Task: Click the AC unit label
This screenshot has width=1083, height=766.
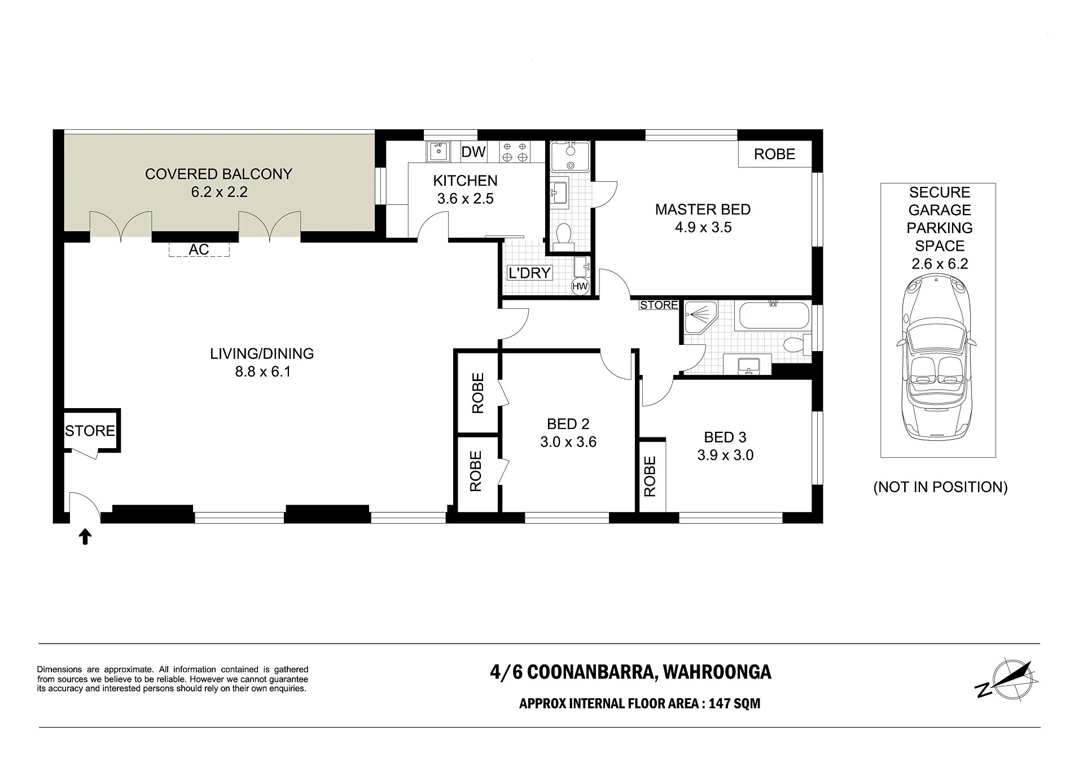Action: [199, 250]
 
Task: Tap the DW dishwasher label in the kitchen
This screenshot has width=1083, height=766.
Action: [473, 152]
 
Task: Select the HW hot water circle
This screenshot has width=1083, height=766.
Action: [580, 286]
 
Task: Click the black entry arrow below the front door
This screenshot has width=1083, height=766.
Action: [85, 536]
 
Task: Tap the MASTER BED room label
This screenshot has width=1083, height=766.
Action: [703, 209]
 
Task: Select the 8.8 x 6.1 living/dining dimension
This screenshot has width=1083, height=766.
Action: [262, 371]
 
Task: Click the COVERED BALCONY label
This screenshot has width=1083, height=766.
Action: [218, 174]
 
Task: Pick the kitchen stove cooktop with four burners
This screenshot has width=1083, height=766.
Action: [515, 151]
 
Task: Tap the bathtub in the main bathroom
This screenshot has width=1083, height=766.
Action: [773, 316]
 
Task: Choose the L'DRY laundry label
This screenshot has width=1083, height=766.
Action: [529, 273]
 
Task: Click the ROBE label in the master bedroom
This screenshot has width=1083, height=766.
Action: [774, 154]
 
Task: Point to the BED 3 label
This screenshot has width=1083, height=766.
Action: [725, 437]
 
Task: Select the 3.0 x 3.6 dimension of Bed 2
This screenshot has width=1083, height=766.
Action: [568, 442]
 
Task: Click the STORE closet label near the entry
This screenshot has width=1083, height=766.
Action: [90, 431]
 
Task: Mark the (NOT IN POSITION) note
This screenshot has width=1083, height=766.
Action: [940, 487]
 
